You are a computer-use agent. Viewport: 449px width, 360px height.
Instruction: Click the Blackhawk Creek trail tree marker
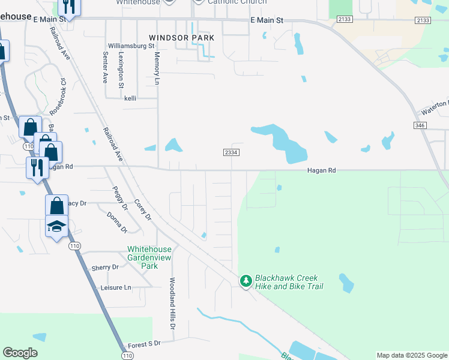pyautogui.click(x=246, y=280)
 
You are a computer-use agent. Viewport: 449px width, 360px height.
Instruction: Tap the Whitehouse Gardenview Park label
pyautogui.click(x=149, y=257)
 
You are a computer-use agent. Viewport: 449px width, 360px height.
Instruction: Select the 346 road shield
pyautogui.click(x=420, y=125)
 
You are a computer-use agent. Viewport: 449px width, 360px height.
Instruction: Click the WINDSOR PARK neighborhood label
pyautogui.click(x=181, y=37)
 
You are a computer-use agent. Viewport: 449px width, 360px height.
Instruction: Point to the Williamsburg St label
pyautogui.click(x=131, y=46)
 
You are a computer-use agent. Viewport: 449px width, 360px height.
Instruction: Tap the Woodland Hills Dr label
pyautogui.click(x=172, y=304)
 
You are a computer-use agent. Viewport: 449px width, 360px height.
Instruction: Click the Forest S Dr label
pyautogui.click(x=145, y=344)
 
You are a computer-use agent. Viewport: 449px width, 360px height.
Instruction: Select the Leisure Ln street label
pyautogui.click(x=116, y=287)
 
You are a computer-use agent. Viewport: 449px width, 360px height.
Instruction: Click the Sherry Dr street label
pyautogui.click(x=106, y=268)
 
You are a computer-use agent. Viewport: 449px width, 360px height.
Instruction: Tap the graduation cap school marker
pyautogui.click(x=56, y=226)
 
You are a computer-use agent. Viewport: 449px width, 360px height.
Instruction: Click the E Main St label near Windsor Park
pyautogui.click(x=267, y=20)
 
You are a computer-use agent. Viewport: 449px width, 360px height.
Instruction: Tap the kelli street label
pyautogui.click(x=131, y=98)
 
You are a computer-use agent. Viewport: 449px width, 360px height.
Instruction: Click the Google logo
pyautogui.click(x=20, y=353)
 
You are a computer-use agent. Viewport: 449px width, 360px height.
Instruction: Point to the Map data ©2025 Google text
pyautogui.click(x=412, y=355)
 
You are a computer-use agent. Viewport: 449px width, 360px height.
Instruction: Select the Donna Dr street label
pyautogui.click(x=117, y=222)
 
